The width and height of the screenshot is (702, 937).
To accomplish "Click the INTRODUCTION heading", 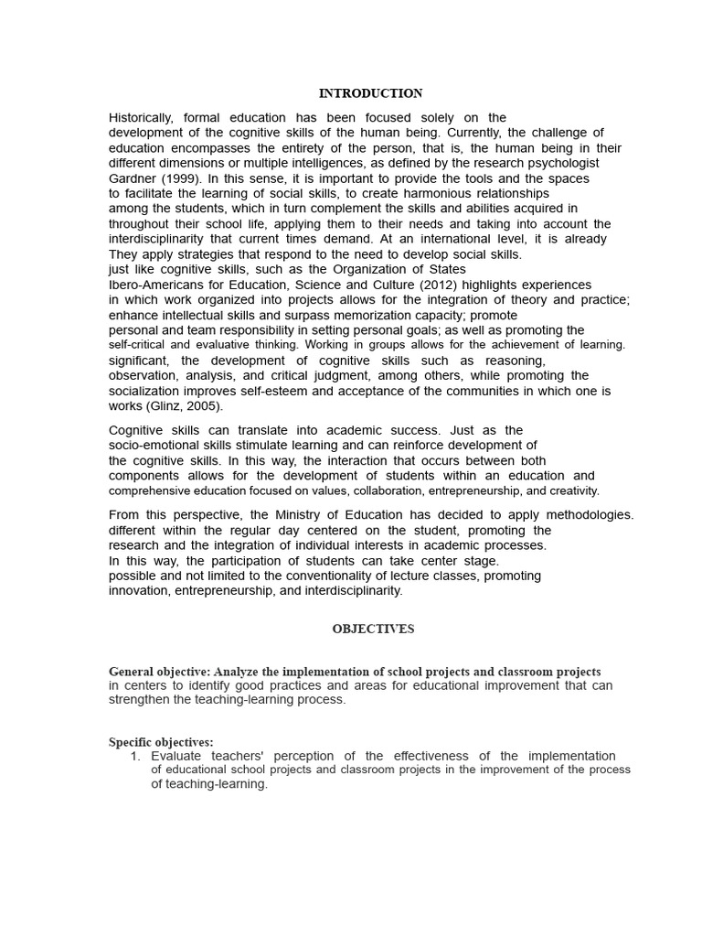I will [x=370, y=93].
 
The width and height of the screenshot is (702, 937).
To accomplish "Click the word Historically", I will [x=141, y=118].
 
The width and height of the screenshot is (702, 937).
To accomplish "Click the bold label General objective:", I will [x=159, y=672].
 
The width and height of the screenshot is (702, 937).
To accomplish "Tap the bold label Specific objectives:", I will [x=161, y=742].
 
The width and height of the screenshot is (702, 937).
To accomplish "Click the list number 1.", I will [x=134, y=756].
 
